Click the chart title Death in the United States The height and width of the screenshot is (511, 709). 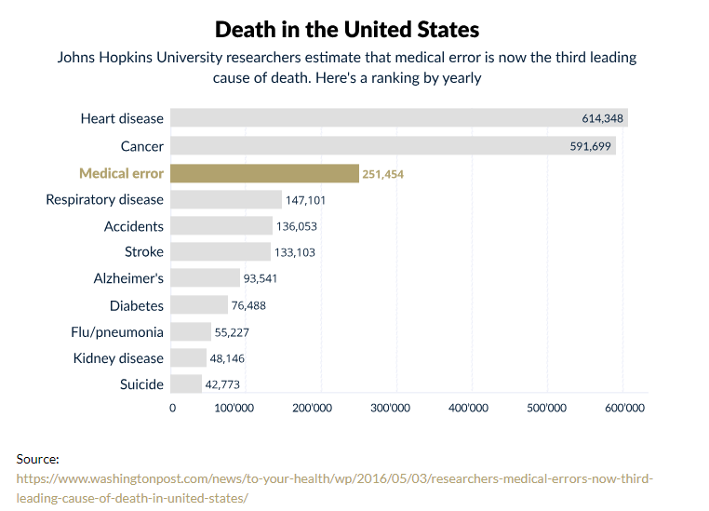click(347, 29)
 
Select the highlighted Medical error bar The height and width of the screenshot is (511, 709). click(265, 173)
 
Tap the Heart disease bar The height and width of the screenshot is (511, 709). click(372, 118)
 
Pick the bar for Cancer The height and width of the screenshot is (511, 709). click(372, 146)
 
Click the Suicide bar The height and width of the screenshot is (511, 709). click(187, 384)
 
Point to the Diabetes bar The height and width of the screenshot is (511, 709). click(200, 305)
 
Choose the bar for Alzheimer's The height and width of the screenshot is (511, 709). click(206, 278)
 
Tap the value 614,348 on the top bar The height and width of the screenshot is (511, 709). click(600, 118)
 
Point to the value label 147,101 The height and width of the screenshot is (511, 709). click(306, 200)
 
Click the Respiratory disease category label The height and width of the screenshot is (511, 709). click(104, 200)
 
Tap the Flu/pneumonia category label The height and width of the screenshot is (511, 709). click(117, 332)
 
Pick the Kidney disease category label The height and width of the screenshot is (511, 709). click(118, 358)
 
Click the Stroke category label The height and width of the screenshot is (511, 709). click(144, 252)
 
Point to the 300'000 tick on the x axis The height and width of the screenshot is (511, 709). click(397, 408)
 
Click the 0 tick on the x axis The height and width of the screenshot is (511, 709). click(172, 408)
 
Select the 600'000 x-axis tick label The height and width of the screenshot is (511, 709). click(623, 408)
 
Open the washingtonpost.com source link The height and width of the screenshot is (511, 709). click(335, 479)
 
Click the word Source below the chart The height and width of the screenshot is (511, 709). click(38, 459)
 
